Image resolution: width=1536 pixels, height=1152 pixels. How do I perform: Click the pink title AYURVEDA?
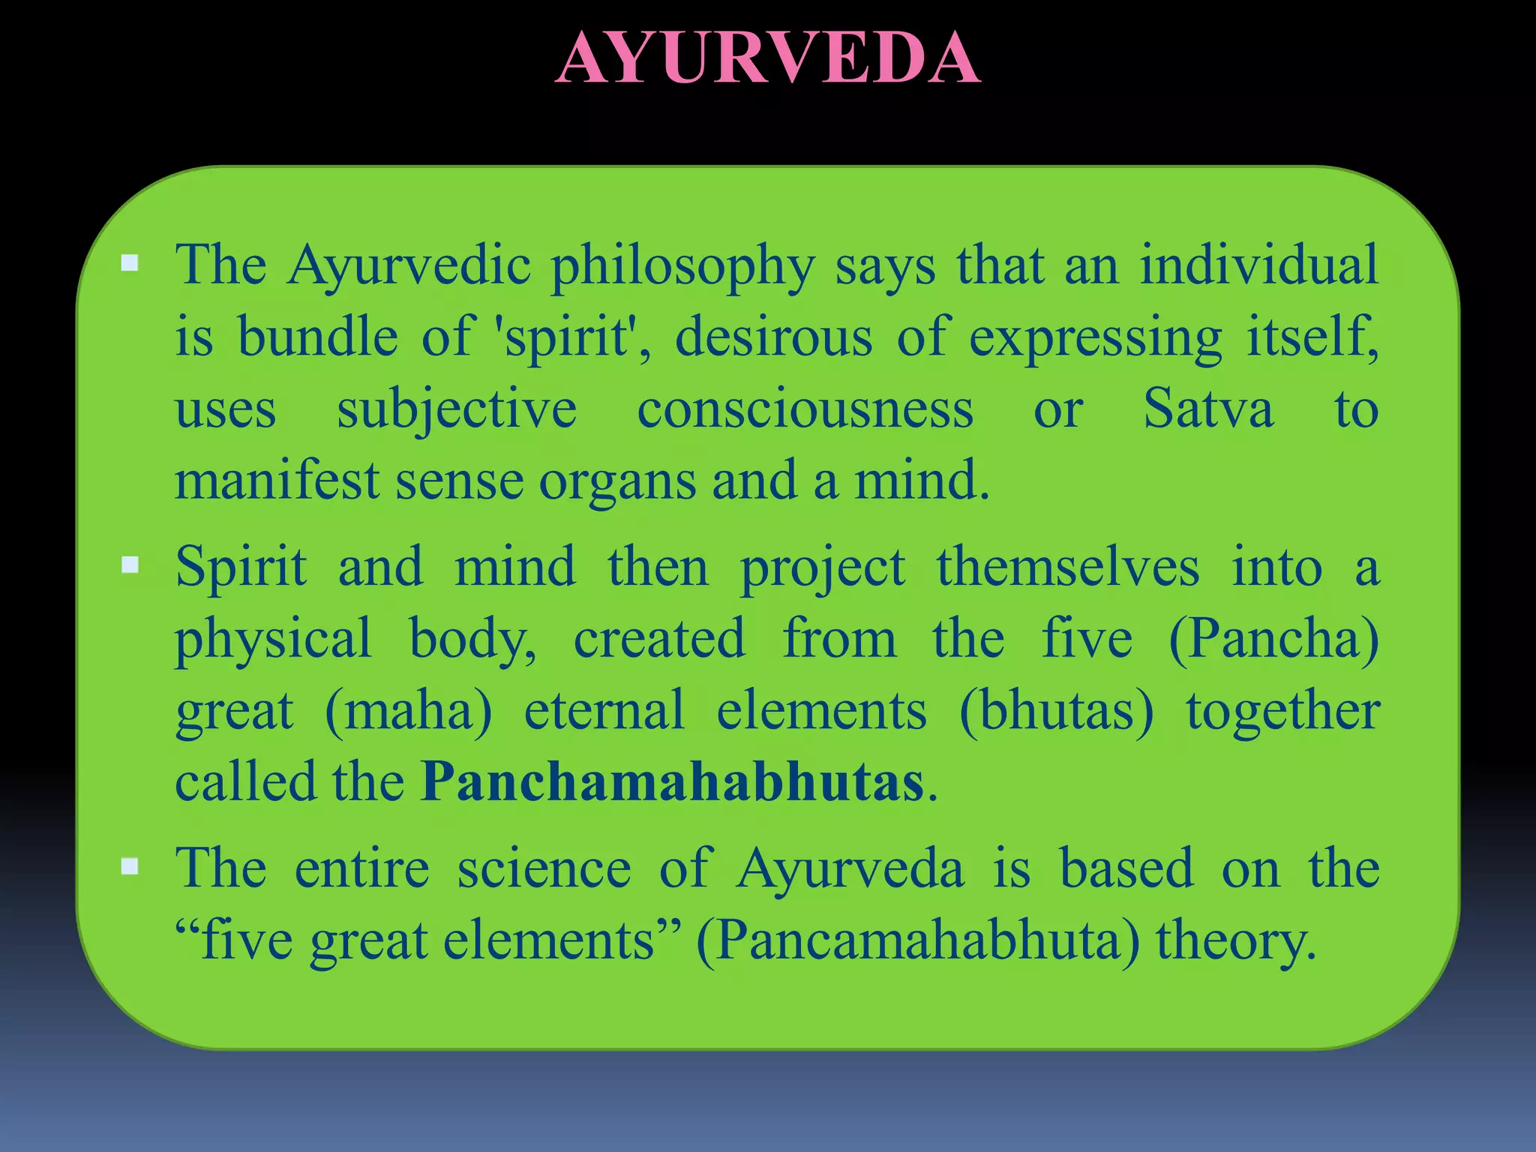point(768,58)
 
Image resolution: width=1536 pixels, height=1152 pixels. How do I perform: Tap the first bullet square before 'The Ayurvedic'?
point(130,262)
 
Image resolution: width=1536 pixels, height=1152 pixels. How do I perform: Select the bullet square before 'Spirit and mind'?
point(130,564)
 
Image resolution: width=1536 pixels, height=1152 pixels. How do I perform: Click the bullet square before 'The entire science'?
point(130,866)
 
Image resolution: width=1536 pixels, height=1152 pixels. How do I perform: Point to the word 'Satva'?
point(1207,409)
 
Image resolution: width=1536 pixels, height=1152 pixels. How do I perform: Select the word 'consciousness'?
point(805,409)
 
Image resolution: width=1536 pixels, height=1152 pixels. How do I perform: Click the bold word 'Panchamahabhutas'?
point(672,782)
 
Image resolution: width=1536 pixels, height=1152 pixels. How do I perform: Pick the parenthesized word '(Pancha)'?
point(1273,639)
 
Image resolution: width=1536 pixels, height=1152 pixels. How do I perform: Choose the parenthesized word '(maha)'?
point(409,710)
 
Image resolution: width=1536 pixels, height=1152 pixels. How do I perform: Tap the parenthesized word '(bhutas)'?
point(1056,710)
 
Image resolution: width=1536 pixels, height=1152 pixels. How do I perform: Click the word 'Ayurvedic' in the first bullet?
point(409,266)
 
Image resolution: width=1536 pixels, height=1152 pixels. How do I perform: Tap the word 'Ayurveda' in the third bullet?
point(850,870)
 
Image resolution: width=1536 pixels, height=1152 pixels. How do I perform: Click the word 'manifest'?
point(276,481)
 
